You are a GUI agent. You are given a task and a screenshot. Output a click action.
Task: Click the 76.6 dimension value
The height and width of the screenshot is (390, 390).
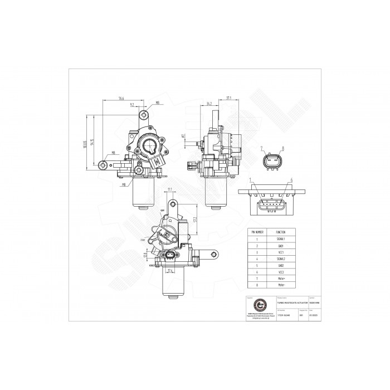click(121, 99)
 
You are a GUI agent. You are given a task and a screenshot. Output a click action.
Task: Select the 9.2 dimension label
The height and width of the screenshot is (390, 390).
click(131, 104)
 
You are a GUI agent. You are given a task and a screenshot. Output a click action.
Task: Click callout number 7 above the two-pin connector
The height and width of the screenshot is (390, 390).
click(261, 148)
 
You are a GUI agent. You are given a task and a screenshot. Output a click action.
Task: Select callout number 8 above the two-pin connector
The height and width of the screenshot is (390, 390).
click(283, 148)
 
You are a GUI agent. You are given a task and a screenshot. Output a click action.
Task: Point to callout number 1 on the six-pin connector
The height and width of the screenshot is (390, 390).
click(251, 181)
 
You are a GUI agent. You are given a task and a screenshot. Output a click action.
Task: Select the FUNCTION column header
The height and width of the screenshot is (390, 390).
click(280, 230)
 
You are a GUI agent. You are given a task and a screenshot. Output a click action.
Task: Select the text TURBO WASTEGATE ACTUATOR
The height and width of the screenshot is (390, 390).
click(292, 302)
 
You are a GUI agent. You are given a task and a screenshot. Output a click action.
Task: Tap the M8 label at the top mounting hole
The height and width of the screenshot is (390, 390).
click(157, 103)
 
